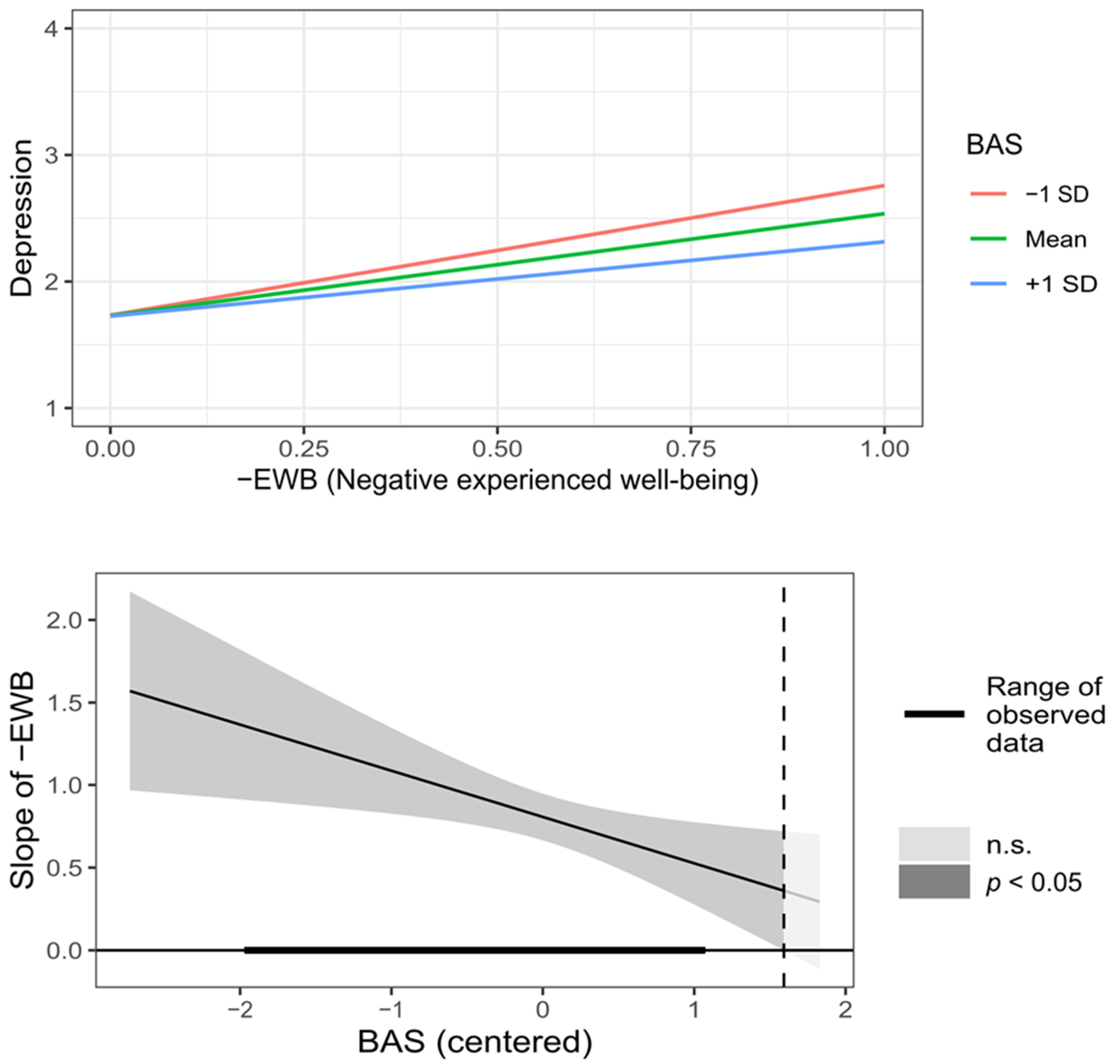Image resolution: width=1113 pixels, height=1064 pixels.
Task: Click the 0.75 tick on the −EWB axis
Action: coord(691,449)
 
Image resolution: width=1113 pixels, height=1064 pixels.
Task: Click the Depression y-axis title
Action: coord(22,218)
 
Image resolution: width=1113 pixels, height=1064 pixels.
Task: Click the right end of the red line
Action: coord(883,185)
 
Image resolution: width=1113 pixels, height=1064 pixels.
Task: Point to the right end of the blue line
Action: coord(883,242)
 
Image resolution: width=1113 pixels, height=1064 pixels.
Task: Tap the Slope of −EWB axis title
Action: coord(23,780)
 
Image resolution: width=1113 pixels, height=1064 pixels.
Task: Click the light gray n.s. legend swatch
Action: coord(933,844)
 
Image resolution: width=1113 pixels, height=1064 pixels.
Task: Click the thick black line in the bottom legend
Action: coord(933,714)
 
